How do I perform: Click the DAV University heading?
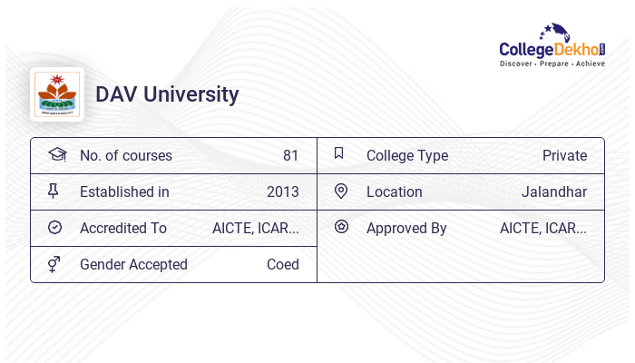point(167,94)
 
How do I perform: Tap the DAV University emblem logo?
point(56,94)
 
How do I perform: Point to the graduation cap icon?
point(56,154)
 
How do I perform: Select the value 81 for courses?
point(290,155)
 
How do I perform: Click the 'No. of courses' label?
point(125,155)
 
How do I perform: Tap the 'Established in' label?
point(124,191)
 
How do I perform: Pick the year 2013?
point(282,191)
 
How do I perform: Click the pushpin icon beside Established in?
point(54,191)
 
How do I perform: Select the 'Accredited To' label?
point(123,228)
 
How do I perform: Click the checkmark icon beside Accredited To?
point(54,227)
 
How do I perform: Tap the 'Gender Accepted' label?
point(133,264)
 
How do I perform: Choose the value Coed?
point(282,264)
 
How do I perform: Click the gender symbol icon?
point(54,263)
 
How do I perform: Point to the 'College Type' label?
point(407,155)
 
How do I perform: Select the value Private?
point(564,155)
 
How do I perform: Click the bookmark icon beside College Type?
point(339,153)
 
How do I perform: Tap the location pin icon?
point(341,191)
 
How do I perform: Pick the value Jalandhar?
point(553,191)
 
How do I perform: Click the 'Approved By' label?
point(406,228)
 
